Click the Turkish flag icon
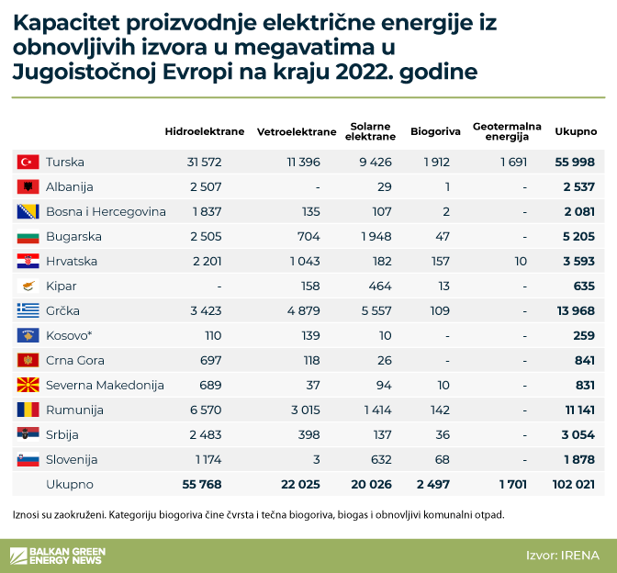[27, 162]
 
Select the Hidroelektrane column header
[205, 131]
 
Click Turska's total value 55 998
[576, 162]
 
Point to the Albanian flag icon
[27, 186]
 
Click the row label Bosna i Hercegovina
[106, 211]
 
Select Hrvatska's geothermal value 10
[521, 261]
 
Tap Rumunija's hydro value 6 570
[205, 410]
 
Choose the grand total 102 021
[572, 483]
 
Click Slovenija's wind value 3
[316, 459]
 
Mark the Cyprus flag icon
[27, 286]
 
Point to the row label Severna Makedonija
[105, 385]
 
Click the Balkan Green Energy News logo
[57, 555]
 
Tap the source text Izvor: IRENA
[562, 555]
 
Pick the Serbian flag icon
[27, 434]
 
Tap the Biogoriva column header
[435, 131]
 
